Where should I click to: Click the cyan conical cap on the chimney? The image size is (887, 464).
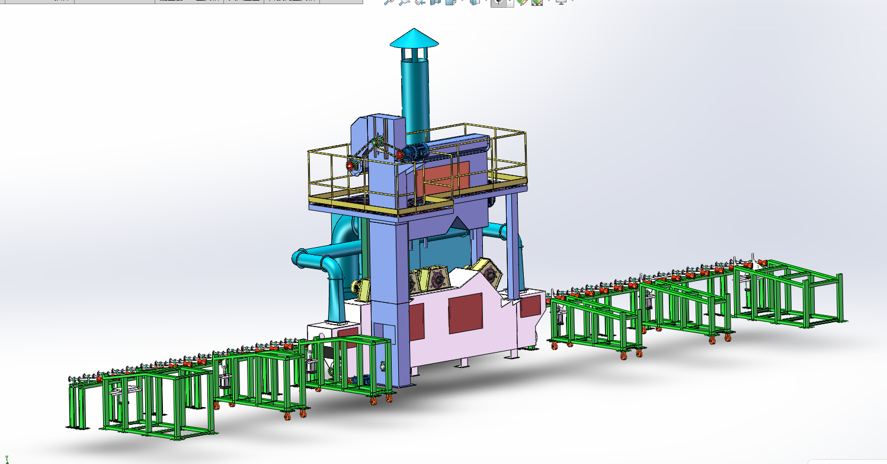414,39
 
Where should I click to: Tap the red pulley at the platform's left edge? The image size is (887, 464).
350,167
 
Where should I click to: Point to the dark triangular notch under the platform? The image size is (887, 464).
457,224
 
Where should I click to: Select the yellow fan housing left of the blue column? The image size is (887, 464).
361,288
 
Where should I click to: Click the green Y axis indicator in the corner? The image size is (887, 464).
7,459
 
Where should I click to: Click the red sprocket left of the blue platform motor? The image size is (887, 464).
400,155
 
